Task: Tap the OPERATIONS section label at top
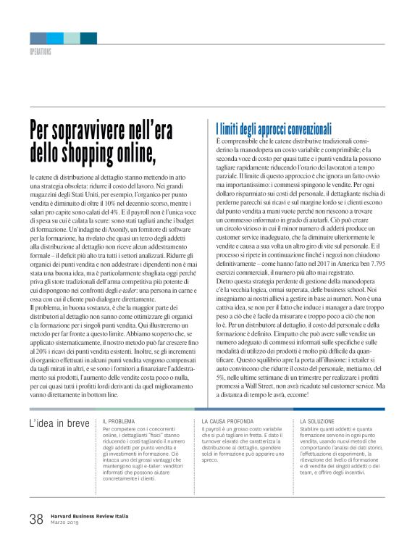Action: click(x=40, y=53)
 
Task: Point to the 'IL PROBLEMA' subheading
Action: click(x=119, y=421)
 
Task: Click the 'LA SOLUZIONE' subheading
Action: click(x=321, y=421)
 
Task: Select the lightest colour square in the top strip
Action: click(x=72, y=38)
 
